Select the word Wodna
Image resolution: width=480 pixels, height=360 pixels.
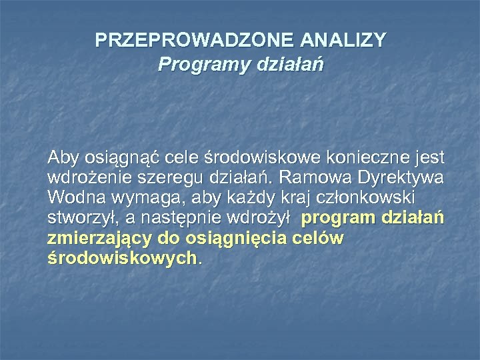click(x=70, y=198)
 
